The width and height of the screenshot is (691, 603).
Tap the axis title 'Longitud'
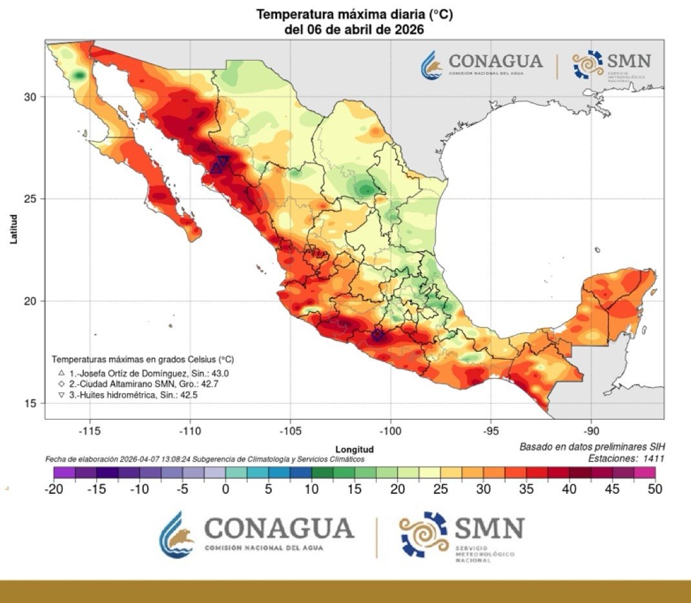coord(355,449)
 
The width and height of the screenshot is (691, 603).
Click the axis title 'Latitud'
coord(14,230)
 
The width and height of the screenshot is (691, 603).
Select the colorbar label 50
coord(655,489)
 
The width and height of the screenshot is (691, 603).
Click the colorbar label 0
coord(225,489)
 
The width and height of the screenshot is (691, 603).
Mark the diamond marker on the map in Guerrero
coord(377,335)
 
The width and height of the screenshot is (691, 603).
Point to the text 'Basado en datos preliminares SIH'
coord(592,447)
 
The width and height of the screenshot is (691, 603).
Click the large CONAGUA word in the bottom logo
coord(279,529)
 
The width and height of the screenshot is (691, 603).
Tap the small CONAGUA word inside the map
coord(495,61)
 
